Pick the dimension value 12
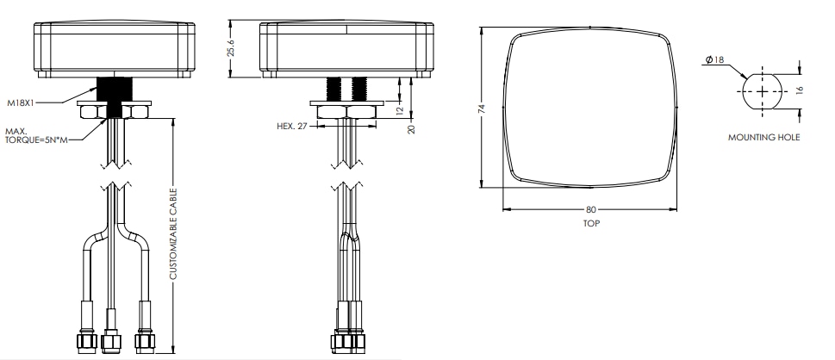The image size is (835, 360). tap(398, 110)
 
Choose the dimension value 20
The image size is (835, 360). tap(412, 127)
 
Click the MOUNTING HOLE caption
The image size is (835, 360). tap(763, 138)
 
